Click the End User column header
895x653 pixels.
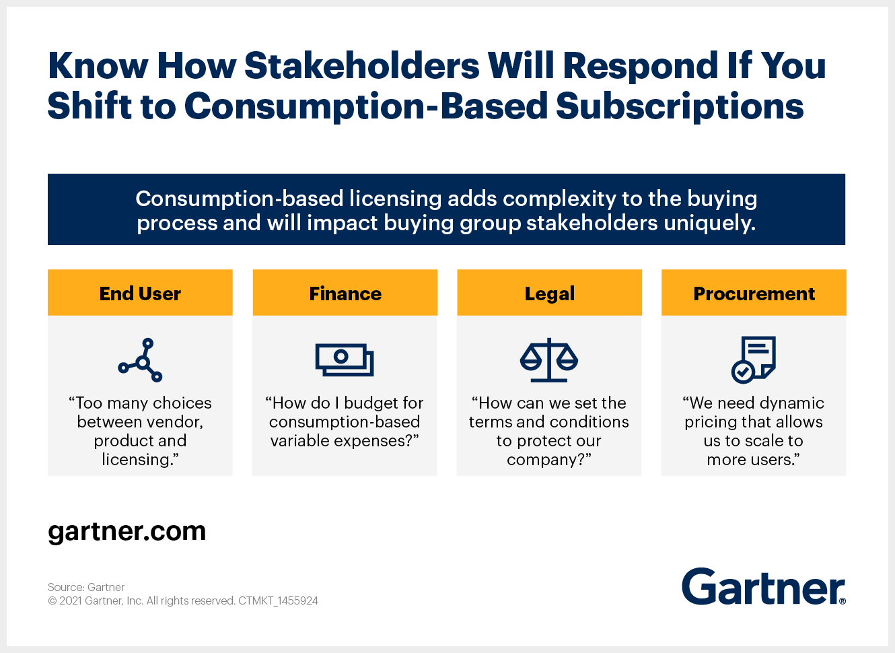(140, 293)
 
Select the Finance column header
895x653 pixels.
(345, 293)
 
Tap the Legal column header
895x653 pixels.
(549, 293)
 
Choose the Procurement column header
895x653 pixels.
(754, 293)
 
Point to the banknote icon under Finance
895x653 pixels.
(345, 359)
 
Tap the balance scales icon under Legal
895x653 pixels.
(549, 359)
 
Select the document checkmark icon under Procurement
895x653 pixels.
(754, 359)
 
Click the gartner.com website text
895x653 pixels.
(127, 532)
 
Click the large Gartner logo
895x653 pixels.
(764, 586)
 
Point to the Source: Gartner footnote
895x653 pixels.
(86, 587)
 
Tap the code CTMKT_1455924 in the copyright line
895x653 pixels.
(278, 600)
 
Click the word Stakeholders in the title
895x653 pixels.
(361, 65)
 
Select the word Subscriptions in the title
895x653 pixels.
(680, 106)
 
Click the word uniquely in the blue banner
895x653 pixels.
(710, 223)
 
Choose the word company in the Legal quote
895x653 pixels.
(542, 460)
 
